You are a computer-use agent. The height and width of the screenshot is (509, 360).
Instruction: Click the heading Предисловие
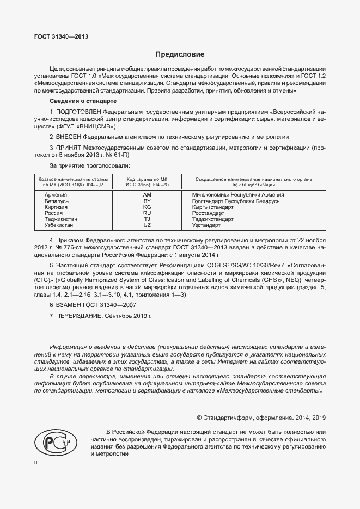coord(180,54)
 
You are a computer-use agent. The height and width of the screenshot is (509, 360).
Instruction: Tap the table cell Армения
coord(56,195)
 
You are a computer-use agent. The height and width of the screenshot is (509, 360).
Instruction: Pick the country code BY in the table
coord(147,201)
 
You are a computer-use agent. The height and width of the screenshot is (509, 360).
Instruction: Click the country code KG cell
coord(147,207)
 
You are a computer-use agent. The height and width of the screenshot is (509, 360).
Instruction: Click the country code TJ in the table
coord(147,219)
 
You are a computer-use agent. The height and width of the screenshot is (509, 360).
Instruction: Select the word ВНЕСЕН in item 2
coord(69,137)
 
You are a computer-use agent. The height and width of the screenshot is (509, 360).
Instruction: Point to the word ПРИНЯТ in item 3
coord(69,148)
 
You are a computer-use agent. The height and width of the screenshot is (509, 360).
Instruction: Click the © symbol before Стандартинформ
coord(199,418)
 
